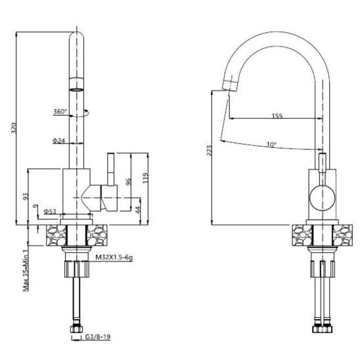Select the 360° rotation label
click(x=60, y=112)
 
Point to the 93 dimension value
click(x=26, y=196)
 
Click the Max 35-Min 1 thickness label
click(x=25, y=269)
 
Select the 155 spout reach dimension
click(x=277, y=116)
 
